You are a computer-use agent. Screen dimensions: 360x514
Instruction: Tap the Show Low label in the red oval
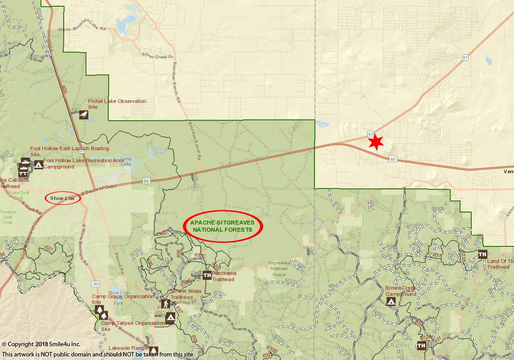(62, 198)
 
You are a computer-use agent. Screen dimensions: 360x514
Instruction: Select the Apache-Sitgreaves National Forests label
(222, 226)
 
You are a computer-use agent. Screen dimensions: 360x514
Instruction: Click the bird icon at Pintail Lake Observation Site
(84, 115)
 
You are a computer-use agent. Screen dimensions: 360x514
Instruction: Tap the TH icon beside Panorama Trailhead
(207, 275)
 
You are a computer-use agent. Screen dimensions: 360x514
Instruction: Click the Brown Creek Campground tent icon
(391, 302)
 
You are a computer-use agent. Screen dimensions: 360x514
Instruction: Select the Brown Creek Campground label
(401, 291)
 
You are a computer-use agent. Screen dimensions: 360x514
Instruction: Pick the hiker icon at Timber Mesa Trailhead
(166, 304)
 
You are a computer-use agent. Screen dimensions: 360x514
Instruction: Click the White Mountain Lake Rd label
(82, 29)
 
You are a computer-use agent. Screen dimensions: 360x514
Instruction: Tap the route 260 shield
(96, 284)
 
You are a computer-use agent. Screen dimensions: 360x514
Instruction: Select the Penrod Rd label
(120, 265)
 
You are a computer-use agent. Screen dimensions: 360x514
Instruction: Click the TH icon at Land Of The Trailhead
(482, 254)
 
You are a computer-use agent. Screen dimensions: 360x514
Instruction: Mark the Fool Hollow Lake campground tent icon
(39, 165)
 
